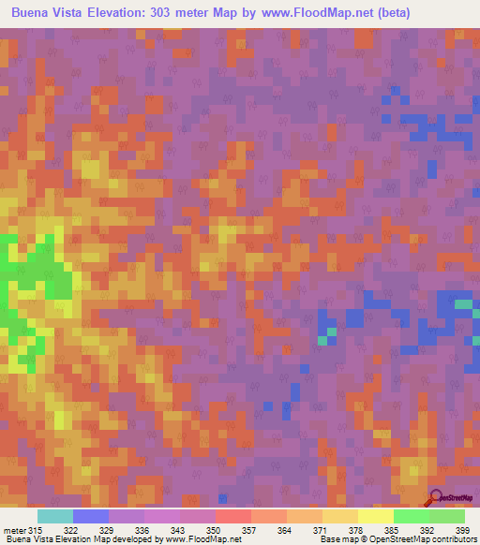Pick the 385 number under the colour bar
pos(393,529)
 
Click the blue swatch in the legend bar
pos(90,516)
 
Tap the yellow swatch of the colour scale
pos(375,516)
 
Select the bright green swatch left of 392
pos(411,516)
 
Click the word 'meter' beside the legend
pos(14,529)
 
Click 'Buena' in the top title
pos(33,15)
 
